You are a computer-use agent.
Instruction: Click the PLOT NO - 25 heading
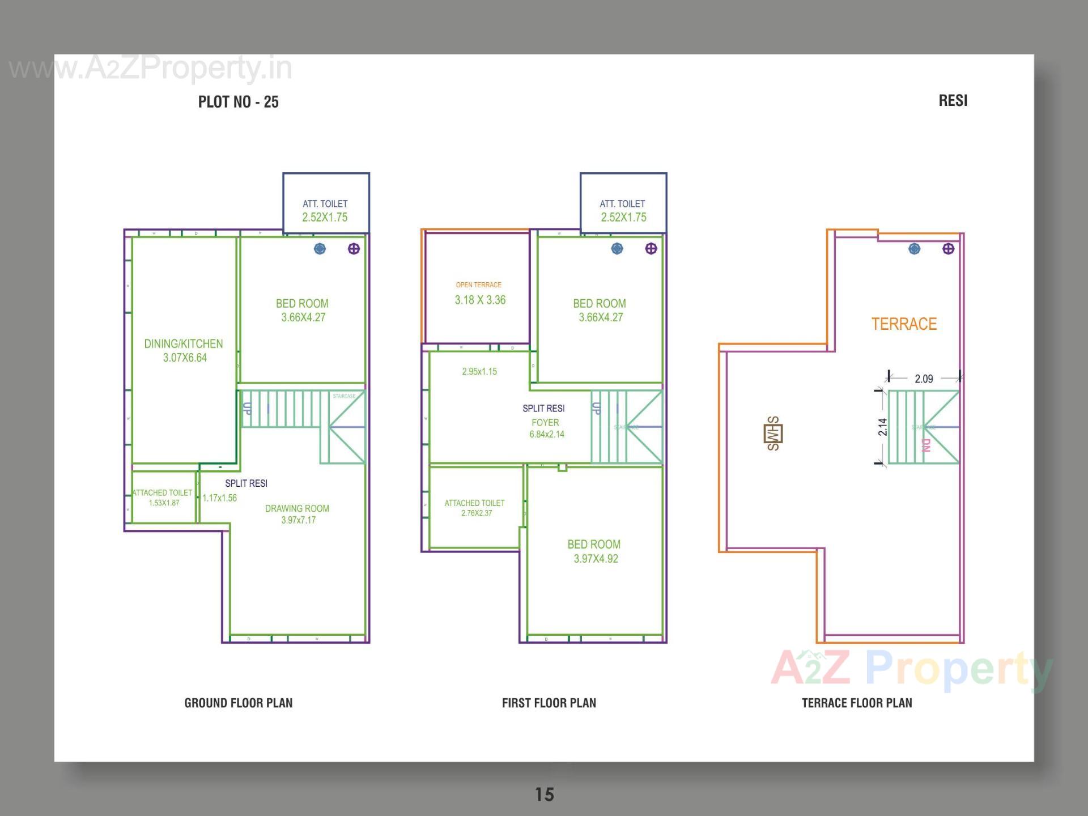[238, 102]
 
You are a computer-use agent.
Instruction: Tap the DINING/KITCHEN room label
[184, 344]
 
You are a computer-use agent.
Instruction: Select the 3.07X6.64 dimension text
[185, 358]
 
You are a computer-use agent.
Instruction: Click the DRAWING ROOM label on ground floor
[297, 509]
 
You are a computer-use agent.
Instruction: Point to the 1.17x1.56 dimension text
[220, 498]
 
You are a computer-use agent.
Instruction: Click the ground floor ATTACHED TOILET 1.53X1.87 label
[163, 498]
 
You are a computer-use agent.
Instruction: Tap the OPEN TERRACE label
[479, 285]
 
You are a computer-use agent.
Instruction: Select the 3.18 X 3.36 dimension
[480, 300]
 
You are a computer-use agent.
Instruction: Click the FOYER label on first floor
[545, 423]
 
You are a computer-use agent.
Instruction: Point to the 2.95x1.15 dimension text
[479, 372]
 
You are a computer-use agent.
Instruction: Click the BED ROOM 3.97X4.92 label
[594, 551]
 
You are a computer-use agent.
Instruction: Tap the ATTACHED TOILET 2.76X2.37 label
[475, 508]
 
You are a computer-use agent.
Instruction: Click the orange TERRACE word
[904, 324]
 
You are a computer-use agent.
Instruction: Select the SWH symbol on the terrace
[773, 434]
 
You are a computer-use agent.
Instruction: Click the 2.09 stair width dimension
[924, 379]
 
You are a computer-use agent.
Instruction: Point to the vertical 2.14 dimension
[883, 427]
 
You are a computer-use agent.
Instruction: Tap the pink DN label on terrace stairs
[926, 445]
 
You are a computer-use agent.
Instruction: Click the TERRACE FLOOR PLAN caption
[857, 703]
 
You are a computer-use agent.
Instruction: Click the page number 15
[545, 794]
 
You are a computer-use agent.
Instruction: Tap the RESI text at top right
[953, 101]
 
